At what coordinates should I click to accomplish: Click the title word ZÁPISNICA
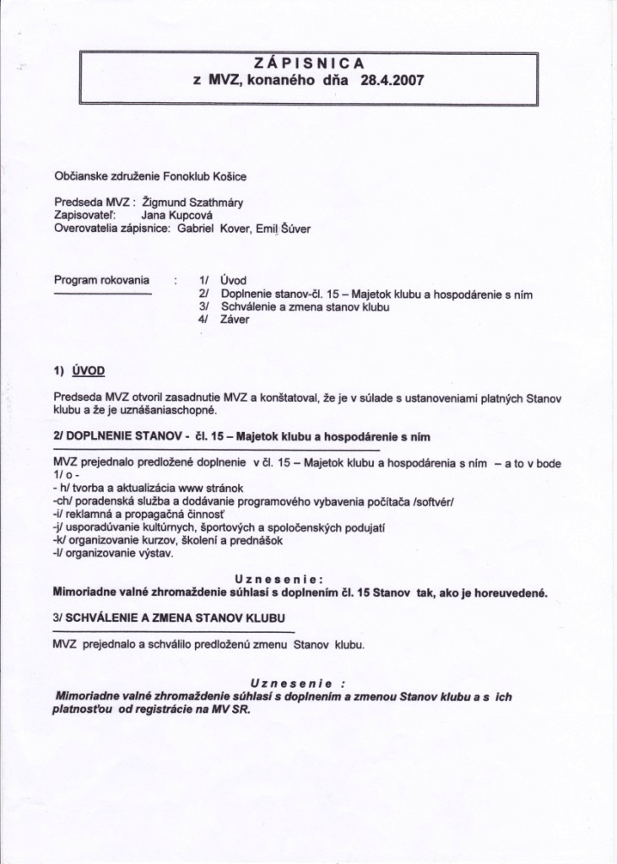point(308,62)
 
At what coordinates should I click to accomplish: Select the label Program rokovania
point(101,279)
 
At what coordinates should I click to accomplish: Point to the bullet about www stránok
point(160,489)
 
